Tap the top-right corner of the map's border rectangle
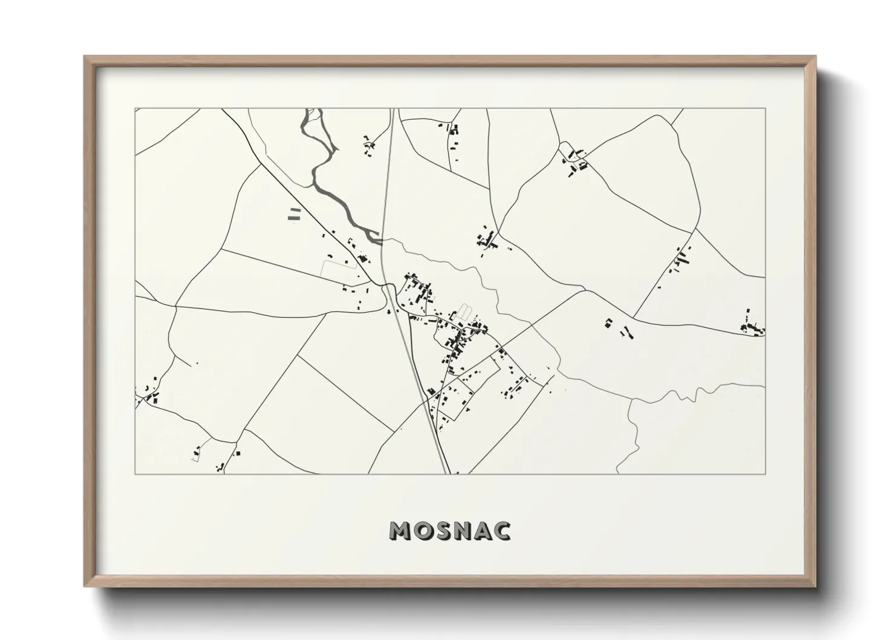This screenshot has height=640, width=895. tap(765, 109)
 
